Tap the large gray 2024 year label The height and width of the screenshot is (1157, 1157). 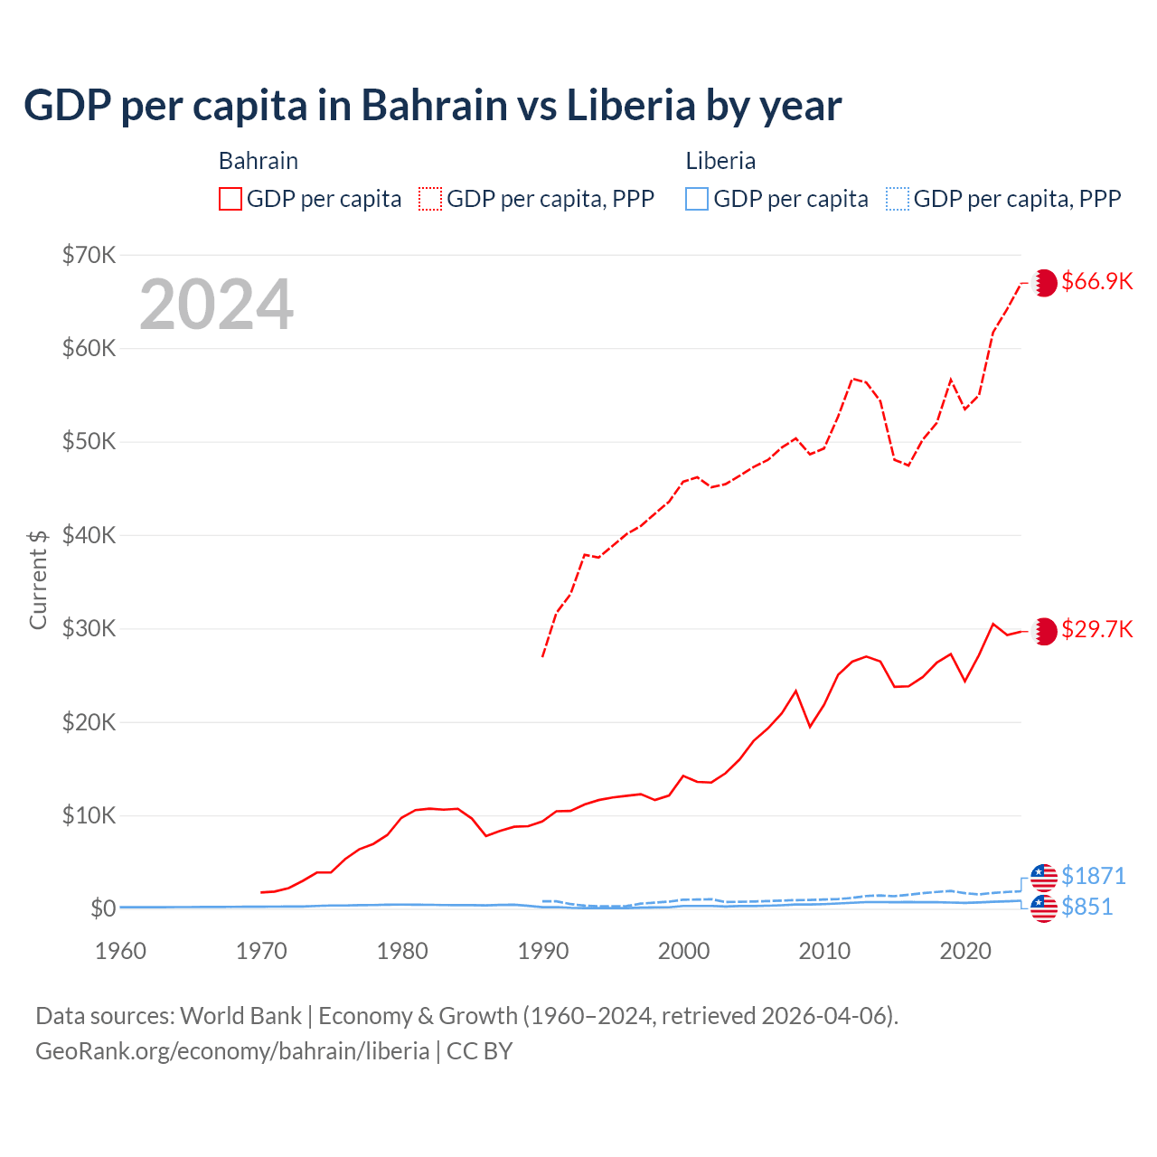216,305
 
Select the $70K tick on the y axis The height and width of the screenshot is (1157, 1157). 89,255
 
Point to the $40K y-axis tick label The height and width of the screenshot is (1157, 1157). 89,535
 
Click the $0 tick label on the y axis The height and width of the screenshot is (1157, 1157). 103,908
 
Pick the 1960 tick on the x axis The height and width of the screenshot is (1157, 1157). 120,951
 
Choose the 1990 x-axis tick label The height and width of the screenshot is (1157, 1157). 542,951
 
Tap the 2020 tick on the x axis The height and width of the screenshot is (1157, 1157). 964,951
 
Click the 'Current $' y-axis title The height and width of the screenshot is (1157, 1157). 38,579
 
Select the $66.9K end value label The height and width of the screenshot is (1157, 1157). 1096,281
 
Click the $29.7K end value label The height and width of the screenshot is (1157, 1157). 1096,629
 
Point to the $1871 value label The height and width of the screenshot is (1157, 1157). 1093,876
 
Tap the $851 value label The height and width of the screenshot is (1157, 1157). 1086,907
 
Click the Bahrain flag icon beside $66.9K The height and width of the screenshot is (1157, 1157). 1044,283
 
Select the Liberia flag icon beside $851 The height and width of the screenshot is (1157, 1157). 1044,908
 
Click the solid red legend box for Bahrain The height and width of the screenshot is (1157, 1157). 230,199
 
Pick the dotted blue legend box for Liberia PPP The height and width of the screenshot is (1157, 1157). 898,199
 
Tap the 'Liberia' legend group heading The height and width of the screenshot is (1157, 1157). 720,161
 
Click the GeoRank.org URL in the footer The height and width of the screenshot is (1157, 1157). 232,1051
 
